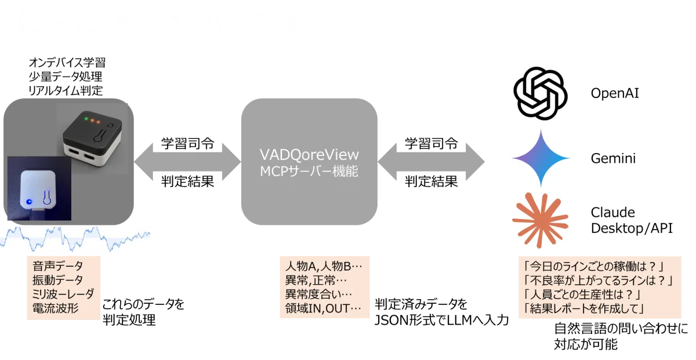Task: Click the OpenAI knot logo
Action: tap(539, 93)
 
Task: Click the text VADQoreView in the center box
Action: tap(309, 155)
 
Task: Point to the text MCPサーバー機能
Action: tap(309, 171)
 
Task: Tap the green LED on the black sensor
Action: tap(86, 120)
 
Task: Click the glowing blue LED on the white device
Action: tap(28, 202)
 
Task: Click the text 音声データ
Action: tap(58, 267)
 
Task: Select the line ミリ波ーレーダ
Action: tap(63, 294)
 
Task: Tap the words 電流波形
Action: tap(56, 308)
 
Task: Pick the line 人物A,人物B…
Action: tap(324, 267)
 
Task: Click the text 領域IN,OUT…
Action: tap(324, 308)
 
